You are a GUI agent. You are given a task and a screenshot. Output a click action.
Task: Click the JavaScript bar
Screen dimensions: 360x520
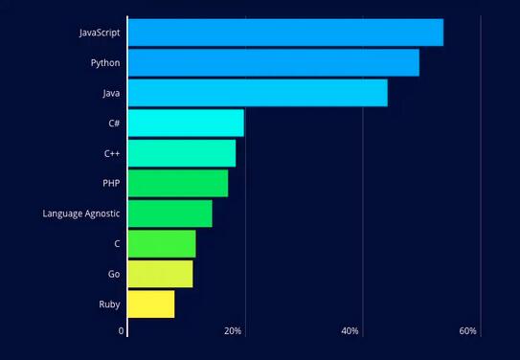285,33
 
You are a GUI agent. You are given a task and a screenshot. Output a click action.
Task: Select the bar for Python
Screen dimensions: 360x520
274,63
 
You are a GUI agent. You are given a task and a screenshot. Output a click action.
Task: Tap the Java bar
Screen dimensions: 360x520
258,93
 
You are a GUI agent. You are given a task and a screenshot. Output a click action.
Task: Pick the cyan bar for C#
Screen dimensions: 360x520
186,124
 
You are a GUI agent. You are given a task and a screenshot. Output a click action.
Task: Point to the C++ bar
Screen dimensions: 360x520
182,153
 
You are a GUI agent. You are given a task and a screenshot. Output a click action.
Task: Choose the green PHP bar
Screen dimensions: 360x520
178,183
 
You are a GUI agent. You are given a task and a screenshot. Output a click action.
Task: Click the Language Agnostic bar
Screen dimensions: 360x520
170,214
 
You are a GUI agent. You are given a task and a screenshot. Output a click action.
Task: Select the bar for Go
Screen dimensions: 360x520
161,274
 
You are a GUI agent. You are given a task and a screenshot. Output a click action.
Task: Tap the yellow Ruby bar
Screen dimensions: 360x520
151,304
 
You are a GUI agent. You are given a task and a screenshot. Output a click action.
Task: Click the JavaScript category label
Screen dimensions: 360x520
99,33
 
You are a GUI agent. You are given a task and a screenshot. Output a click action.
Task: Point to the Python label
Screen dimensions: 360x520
105,63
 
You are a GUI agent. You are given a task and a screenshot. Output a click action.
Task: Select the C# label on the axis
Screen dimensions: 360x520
114,124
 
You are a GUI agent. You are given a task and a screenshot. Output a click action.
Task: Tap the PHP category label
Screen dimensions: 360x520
111,183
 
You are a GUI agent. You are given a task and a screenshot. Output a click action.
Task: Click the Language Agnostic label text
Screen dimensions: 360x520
81,214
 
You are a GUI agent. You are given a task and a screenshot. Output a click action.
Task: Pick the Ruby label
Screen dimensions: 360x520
109,304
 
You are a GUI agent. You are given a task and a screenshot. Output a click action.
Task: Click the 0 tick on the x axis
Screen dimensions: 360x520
122,331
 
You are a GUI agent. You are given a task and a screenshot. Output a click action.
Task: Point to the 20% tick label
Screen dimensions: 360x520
233,331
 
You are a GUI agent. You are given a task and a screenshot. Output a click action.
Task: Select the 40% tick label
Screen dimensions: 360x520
350,331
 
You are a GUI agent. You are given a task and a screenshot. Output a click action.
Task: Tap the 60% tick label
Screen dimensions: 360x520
468,331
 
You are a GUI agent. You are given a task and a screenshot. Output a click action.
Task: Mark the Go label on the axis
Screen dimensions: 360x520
114,274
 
